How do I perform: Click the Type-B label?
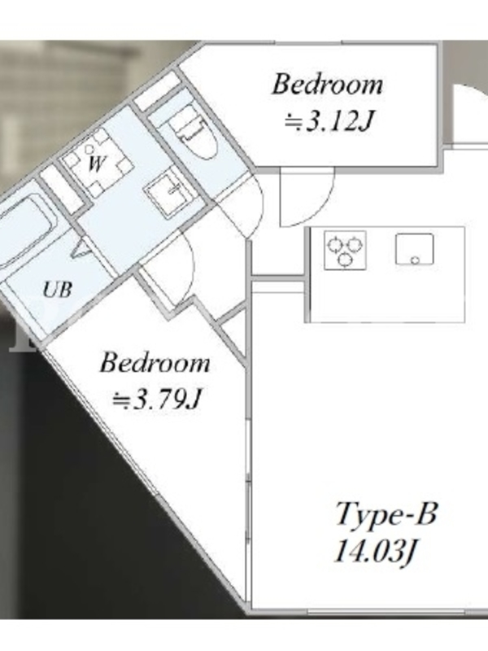click(x=386, y=516)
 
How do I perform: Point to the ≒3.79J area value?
click(x=157, y=400)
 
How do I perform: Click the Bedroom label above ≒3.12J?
click(x=327, y=85)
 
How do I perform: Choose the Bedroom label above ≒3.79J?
click(x=155, y=363)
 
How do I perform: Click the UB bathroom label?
click(x=58, y=290)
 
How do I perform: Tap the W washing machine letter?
click(x=96, y=164)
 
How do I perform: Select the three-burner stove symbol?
click(x=345, y=250)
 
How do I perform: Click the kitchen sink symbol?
click(x=415, y=249)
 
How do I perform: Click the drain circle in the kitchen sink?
click(x=415, y=260)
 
